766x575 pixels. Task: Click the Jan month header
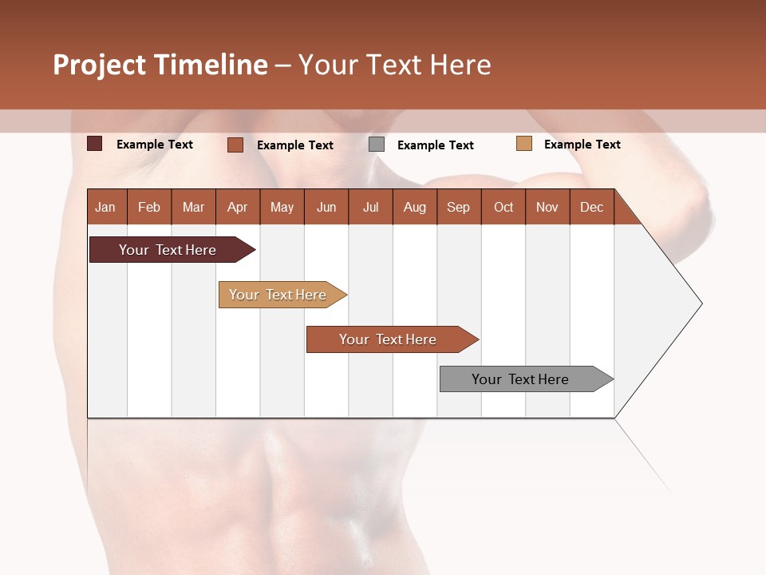(x=105, y=207)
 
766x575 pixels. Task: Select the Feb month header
(x=149, y=207)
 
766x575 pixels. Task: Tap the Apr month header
(x=238, y=207)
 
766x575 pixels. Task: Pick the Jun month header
(x=326, y=207)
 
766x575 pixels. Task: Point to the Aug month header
(x=415, y=207)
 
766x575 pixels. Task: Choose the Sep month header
(x=459, y=207)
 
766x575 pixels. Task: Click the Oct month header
(x=503, y=207)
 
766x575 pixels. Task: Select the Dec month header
(x=592, y=207)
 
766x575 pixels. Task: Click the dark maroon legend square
(x=94, y=144)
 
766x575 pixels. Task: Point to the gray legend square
(x=377, y=145)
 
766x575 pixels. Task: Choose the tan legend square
(x=523, y=144)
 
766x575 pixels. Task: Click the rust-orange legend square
(x=235, y=145)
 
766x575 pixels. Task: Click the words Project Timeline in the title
(x=160, y=65)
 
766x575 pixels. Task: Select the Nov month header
(x=547, y=207)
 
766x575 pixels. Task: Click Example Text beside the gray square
(x=436, y=145)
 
